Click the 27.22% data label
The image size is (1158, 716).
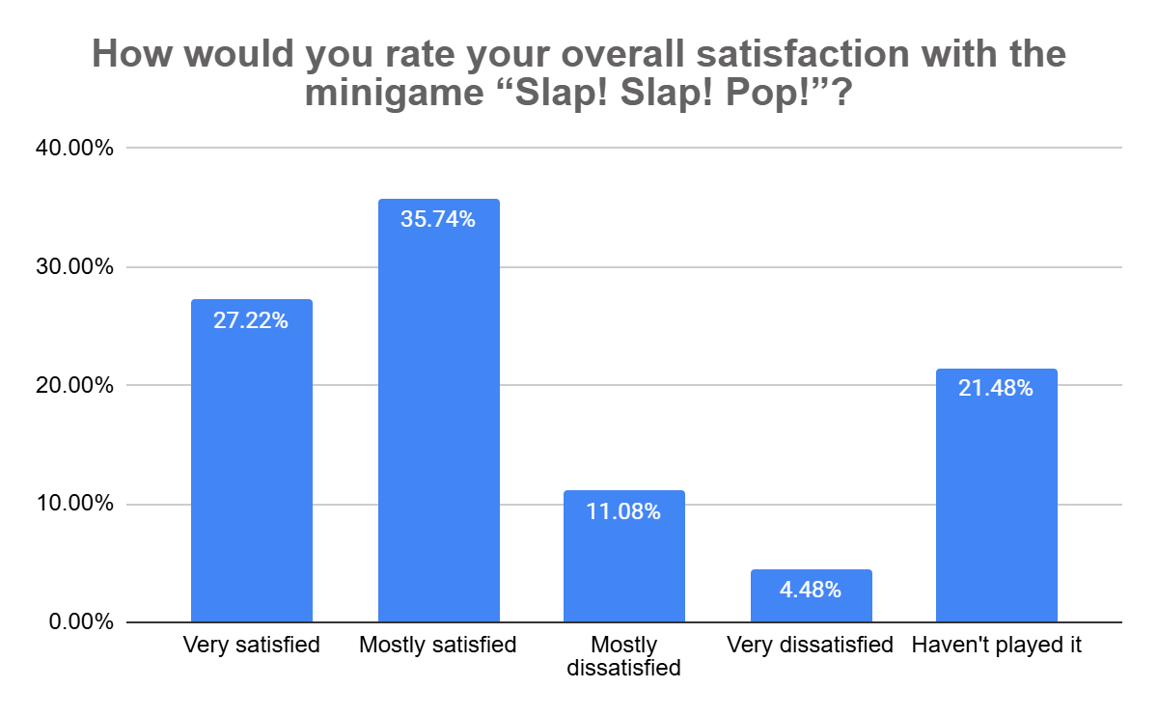pos(251,320)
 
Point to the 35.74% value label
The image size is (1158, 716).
pos(438,220)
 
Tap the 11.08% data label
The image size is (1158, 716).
pos(623,511)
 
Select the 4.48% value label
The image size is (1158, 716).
pos(812,590)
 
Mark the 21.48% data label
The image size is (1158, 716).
pos(997,389)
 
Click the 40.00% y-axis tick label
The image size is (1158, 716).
pos(78,149)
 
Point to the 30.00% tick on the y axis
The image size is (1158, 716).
pos(78,267)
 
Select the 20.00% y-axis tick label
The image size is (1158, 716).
pos(78,386)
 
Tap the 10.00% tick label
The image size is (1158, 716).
pos(78,505)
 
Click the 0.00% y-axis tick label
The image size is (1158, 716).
pos(83,622)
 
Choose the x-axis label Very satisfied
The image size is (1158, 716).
pos(251,646)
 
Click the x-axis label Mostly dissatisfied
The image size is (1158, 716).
pos(623,656)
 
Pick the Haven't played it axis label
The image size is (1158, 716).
pos(997,646)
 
